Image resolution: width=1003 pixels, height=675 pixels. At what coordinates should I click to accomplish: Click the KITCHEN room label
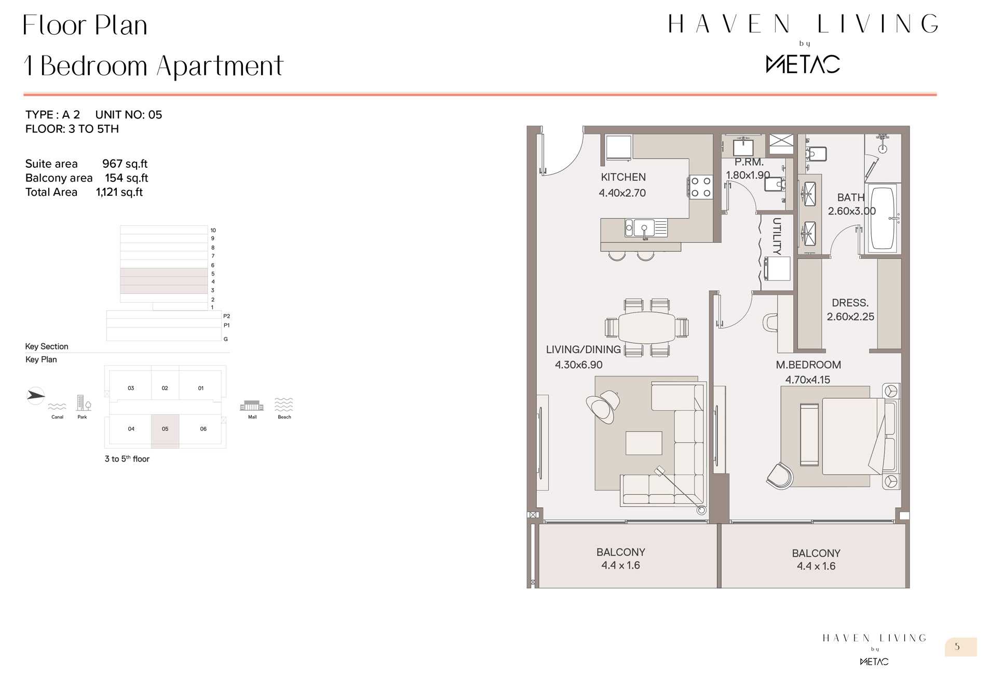623,177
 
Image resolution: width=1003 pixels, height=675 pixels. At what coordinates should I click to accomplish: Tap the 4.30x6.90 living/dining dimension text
578,365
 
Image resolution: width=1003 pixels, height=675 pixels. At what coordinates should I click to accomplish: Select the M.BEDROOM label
808,365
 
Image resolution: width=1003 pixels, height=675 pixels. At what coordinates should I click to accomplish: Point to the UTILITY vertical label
777,236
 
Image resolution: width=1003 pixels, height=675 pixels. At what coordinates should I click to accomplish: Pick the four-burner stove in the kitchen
700,187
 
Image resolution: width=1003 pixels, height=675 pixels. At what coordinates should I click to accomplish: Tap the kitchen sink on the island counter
646,228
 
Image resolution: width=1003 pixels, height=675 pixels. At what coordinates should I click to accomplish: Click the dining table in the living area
647,327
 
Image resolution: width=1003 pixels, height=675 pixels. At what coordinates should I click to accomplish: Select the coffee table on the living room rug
644,443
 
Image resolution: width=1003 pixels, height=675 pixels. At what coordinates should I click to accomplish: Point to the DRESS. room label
850,303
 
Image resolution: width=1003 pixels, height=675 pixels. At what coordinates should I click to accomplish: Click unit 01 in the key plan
201,388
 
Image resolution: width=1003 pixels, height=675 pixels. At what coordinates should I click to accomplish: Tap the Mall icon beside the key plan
252,406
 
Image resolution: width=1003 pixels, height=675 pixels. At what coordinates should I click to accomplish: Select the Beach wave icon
284,404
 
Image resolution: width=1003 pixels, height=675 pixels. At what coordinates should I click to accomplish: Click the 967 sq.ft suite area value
125,164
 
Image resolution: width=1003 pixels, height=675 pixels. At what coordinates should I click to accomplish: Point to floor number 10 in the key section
213,230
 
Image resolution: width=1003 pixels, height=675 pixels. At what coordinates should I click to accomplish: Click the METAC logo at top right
803,64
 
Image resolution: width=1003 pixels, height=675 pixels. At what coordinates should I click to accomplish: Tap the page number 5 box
960,647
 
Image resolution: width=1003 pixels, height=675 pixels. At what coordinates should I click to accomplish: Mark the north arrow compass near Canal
35,396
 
